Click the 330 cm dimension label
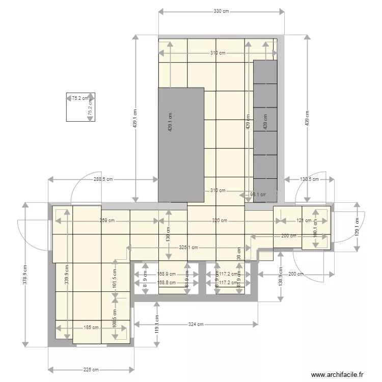point(221,11)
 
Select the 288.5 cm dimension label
point(103,179)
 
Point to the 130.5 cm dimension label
point(309,179)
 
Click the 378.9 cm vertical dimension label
point(25,276)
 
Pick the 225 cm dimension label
point(91,370)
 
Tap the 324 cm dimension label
point(197,324)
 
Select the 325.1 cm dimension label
point(189,248)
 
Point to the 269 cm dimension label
point(107,221)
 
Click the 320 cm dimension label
point(220,221)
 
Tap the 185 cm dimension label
point(92,328)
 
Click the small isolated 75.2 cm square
point(80,107)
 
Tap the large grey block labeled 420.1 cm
point(181,144)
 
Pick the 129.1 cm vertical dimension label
point(357,226)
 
